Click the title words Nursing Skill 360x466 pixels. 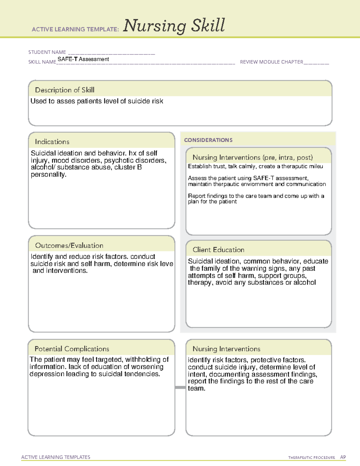point(174,26)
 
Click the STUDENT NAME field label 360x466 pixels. point(47,52)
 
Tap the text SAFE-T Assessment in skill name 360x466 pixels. point(83,59)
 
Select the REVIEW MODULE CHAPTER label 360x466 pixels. point(271,62)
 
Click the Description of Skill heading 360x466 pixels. point(64,90)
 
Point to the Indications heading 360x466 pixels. point(52,142)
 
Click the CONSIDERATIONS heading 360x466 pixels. point(208,140)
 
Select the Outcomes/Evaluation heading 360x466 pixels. point(69,245)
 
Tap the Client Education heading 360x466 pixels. point(218,250)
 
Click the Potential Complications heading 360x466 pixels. point(72,349)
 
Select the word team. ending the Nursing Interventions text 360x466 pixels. point(196,389)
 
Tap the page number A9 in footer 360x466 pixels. point(343,457)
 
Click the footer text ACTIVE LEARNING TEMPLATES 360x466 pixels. point(55,457)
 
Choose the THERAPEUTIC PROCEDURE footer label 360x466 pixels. point(311,458)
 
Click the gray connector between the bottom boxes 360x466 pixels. point(180,388)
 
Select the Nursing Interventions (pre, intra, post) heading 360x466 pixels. point(253,158)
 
